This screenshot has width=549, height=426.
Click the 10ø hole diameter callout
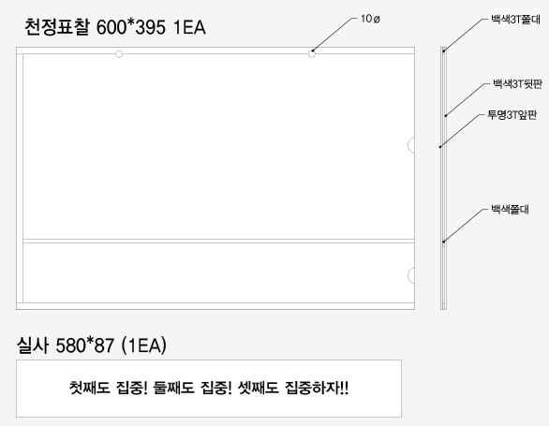(370, 19)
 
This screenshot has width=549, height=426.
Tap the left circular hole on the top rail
(119, 54)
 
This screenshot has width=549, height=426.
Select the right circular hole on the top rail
(312, 54)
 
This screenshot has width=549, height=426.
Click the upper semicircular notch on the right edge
(409, 144)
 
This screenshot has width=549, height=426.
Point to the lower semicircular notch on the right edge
(409, 275)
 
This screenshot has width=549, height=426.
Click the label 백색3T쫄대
(515, 20)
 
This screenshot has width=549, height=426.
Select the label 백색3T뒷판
(517, 84)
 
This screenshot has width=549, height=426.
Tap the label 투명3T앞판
(512, 114)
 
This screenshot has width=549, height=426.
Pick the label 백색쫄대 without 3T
(510, 210)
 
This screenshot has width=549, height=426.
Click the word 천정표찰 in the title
(57, 27)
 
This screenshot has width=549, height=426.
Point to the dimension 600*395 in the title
(131, 27)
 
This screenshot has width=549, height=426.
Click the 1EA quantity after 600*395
(190, 27)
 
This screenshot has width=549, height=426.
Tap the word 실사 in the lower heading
(32, 345)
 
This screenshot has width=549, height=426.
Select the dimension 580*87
(84, 345)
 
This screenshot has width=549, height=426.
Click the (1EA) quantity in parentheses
(143, 345)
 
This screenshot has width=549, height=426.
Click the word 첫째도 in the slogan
(89, 388)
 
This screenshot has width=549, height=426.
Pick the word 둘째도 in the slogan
(173, 388)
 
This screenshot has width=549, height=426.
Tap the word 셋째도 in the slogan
(258, 388)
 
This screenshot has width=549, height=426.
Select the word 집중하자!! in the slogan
(317, 388)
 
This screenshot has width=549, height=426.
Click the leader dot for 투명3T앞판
(440, 147)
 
